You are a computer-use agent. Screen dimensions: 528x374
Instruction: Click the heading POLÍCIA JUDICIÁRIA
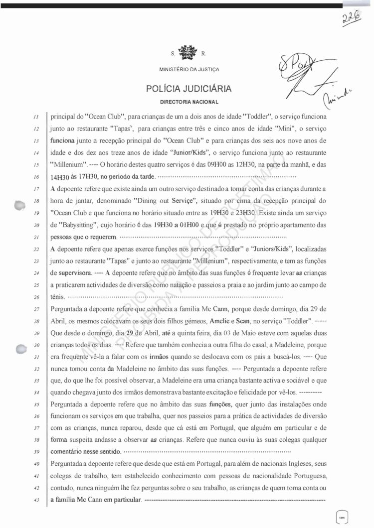(189, 89)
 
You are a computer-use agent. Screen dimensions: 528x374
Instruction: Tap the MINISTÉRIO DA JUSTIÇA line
(189, 69)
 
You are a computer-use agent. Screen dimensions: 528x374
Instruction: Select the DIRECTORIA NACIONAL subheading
(189, 102)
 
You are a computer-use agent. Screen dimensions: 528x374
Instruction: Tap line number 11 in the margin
(36, 117)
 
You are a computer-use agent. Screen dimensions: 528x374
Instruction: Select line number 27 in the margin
(36, 309)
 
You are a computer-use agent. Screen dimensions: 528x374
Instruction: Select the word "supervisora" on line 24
(74, 273)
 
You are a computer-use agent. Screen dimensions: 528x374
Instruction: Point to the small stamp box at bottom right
(343, 517)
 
